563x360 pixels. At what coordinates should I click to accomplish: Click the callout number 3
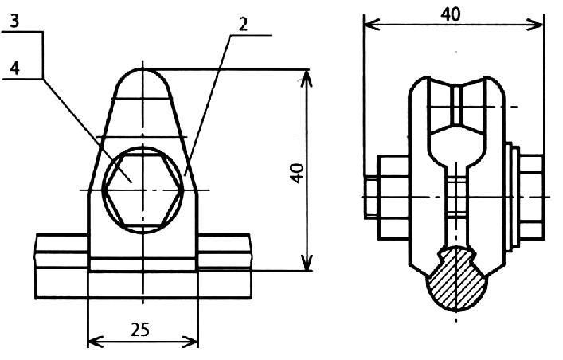(x=14, y=22)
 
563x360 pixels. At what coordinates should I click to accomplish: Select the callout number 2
(x=243, y=25)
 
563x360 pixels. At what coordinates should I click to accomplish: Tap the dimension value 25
(x=139, y=330)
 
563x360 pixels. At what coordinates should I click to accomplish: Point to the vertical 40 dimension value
(x=297, y=173)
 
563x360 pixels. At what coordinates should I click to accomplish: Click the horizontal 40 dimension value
(x=450, y=14)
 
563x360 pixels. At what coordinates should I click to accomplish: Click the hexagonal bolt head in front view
(x=143, y=190)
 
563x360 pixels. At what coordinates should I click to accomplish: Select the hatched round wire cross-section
(x=456, y=279)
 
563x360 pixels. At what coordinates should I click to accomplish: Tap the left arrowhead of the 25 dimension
(x=96, y=342)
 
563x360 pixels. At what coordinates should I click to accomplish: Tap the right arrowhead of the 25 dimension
(x=190, y=342)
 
